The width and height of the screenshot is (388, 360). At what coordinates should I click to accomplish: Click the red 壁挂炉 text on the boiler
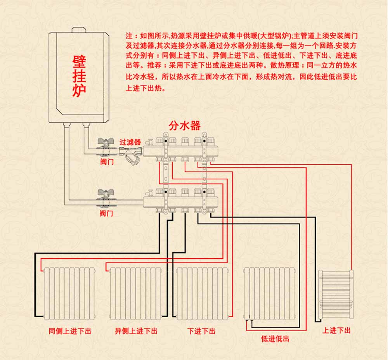tap(79, 76)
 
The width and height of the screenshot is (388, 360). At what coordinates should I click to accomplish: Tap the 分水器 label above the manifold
tap(185, 125)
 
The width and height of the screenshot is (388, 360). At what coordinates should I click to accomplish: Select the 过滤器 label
tap(130, 142)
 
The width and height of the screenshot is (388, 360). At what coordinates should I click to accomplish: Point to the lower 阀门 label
tap(106, 213)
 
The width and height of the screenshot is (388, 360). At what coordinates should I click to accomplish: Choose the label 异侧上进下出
tap(136, 331)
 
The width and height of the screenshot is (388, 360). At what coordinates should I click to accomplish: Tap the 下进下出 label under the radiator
tap(201, 331)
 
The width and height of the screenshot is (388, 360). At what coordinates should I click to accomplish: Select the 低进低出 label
tap(275, 339)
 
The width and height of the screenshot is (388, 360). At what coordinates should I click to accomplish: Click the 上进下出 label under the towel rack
tap(336, 330)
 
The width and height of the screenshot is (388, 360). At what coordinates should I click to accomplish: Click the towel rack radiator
tap(336, 295)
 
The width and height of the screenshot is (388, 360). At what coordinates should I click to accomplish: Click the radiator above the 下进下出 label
tap(201, 294)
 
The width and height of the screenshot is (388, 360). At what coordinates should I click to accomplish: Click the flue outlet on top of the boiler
tap(79, 29)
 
